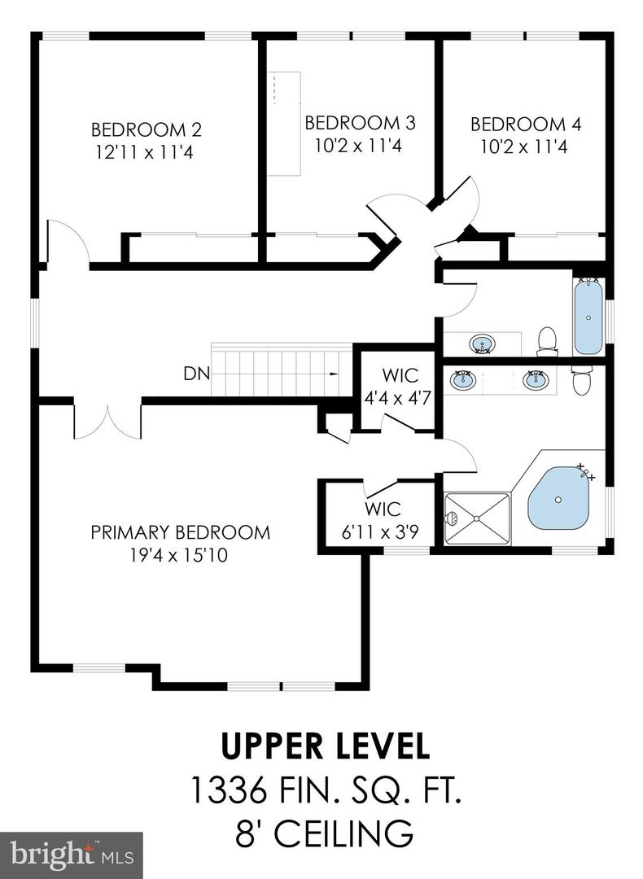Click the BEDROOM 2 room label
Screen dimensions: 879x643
pyautogui.click(x=147, y=130)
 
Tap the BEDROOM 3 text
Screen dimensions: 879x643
pyautogui.click(x=360, y=123)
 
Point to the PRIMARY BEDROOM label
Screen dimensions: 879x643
pyautogui.click(x=180, y=532)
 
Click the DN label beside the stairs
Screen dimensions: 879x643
pyautogui.click(x=195, y=374)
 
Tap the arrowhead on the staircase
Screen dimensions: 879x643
pyautogui.click(x=335, y=374)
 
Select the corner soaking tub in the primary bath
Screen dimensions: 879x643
pyautogui.click(x=559, y=498)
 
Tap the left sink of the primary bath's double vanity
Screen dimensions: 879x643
pyautogui.click(x=465, y=380)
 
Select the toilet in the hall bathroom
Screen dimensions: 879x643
pyautogui.click(x=548, y=340)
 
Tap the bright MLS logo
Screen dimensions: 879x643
pyautogui.click(x=71, y=855)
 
